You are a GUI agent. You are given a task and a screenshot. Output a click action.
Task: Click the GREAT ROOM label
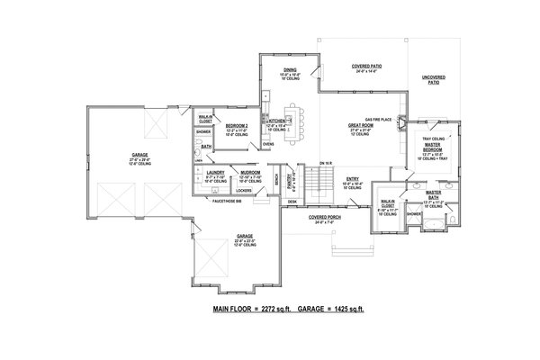pos(361,125)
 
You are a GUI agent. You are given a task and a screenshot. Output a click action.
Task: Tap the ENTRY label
pos(353,178)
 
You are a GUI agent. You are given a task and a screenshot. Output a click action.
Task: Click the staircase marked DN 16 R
pos(317,184)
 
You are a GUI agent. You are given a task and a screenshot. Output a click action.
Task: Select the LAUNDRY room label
pos(214,171)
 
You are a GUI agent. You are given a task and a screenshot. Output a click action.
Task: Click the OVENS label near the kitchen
pos(267,144)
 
